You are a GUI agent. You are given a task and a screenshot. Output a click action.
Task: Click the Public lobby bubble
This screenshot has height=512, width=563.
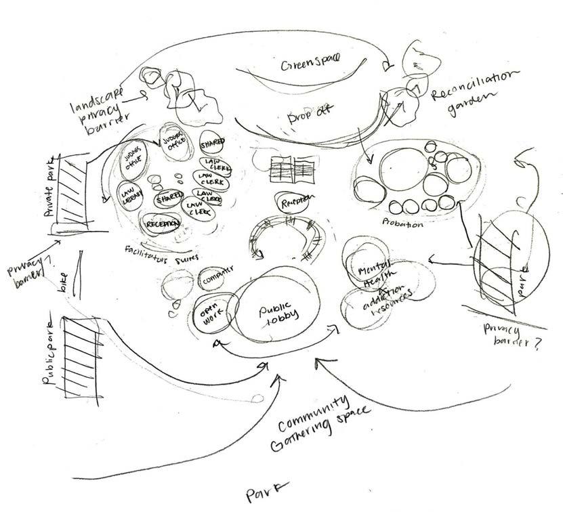coord(274,315)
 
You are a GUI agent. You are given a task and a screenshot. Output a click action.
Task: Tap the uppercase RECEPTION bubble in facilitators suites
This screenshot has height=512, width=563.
coord(162,224)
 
